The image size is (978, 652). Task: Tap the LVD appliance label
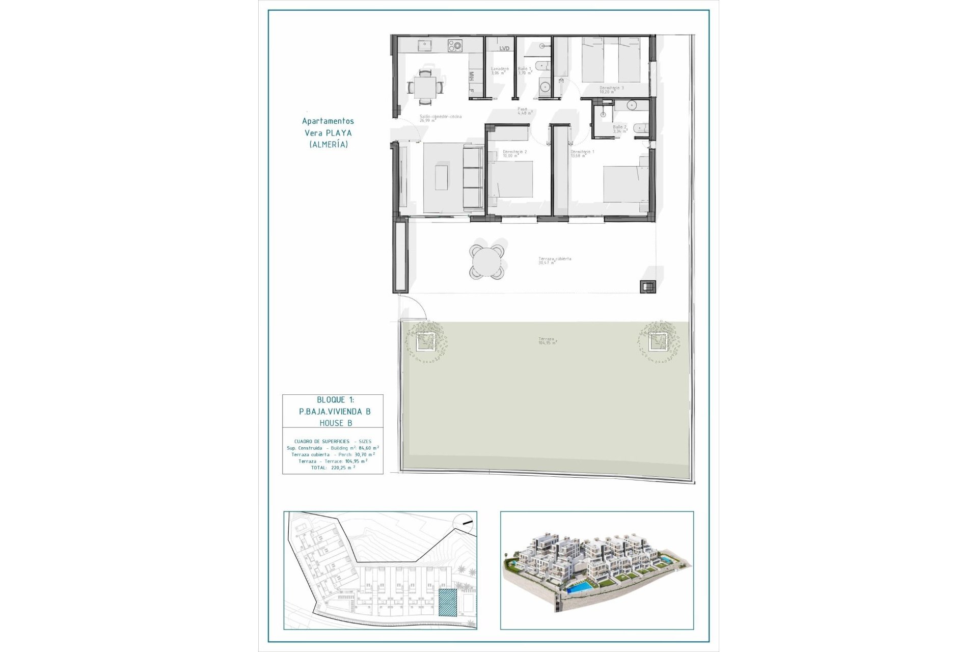pos(504,48)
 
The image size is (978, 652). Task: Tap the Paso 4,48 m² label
pos(524,111)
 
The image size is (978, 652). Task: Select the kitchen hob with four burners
pos(455,46)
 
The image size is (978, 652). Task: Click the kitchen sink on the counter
pos(424,46)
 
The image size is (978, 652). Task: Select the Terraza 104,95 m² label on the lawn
pos(547,340)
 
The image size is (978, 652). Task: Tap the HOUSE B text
pos(336,423)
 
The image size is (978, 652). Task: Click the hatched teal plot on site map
pos(448,603)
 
